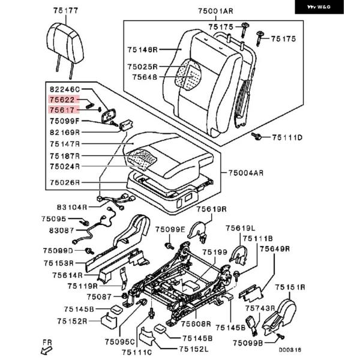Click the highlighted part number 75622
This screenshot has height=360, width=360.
point(62,100)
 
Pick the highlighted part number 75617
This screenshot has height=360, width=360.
point(62,110)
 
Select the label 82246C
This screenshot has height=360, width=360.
point(64,89)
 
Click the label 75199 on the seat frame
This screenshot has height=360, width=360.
point(215,253)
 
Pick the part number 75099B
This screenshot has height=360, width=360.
point(248,343)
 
